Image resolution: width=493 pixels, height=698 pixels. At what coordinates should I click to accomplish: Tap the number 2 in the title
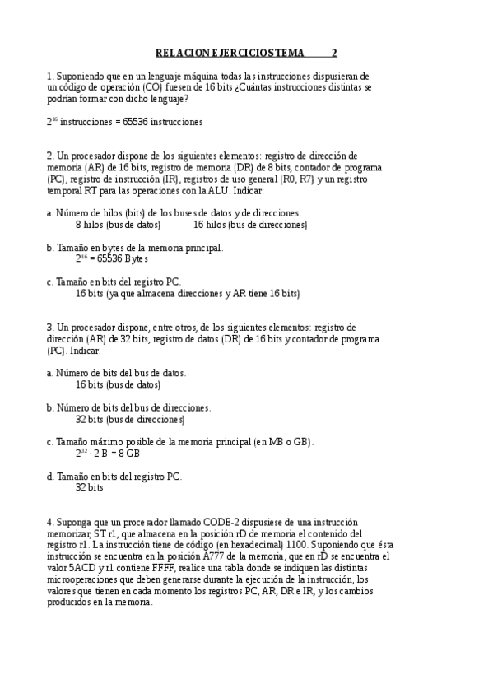click(x=334, y=53)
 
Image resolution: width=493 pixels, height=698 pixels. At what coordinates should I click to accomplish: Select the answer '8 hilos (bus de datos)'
click(x=118, y=224)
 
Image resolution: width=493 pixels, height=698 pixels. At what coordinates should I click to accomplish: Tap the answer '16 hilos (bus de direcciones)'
click(x=250, y=224)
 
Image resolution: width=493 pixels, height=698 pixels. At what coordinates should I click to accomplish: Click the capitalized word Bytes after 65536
click(x=135, y=258)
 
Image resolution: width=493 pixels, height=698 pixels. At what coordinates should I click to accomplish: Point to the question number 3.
click(x=49, y=327)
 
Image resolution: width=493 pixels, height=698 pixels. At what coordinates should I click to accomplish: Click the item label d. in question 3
click(x=50, y=476)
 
